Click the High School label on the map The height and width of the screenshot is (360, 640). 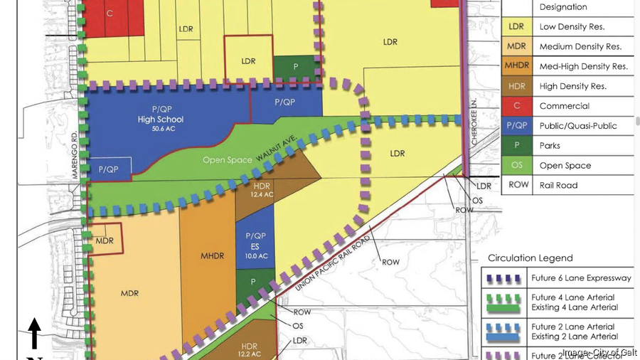[161, 120]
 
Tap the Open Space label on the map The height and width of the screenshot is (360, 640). [228, 160]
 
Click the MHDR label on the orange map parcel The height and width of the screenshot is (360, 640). [212, 255]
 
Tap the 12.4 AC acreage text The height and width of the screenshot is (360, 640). [261, 194]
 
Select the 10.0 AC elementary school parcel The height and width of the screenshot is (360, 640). [255, 245]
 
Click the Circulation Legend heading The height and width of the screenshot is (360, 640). [530, 258]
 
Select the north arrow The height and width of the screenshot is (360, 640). [34, 334]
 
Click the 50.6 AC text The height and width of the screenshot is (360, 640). [161, 129]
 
